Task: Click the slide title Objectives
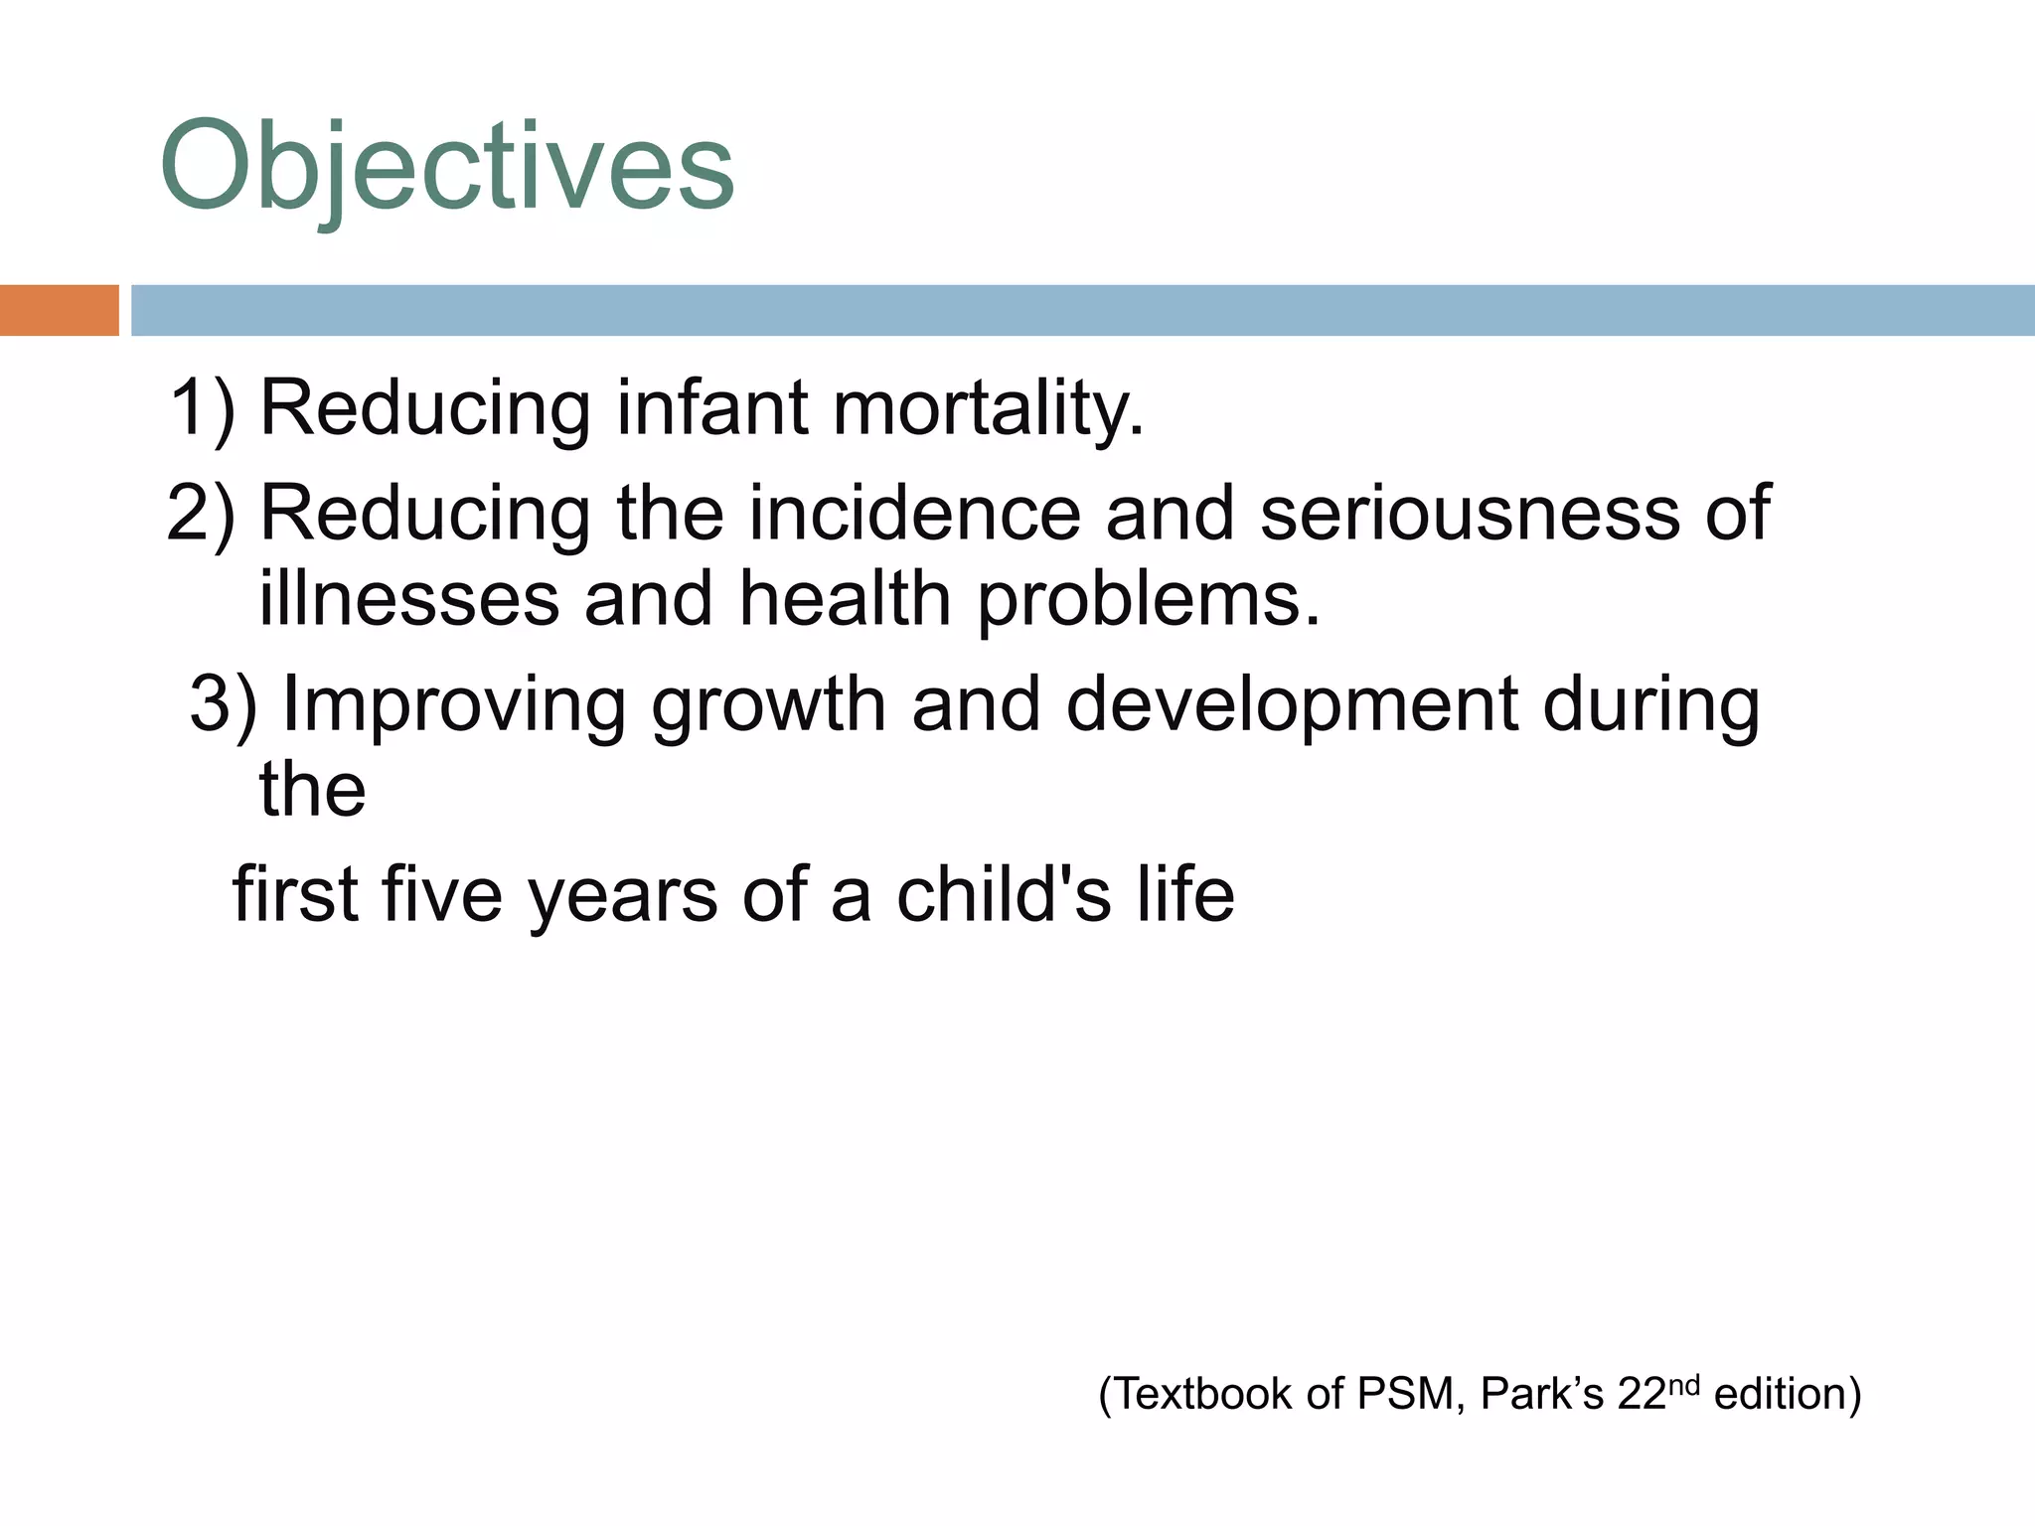(x=447, y=167)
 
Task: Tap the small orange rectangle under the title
(x=59, y=310)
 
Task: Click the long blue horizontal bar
(x=1081, y=310)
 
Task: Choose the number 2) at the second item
(x=202, y=513)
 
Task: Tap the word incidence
(x=913, y=513)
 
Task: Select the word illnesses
(x=408, y=600)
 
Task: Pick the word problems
(x=1148, y=600)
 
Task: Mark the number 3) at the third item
(x=223, y=703)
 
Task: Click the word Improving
(x=454, y=703)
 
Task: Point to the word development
(x=1292, y=703)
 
